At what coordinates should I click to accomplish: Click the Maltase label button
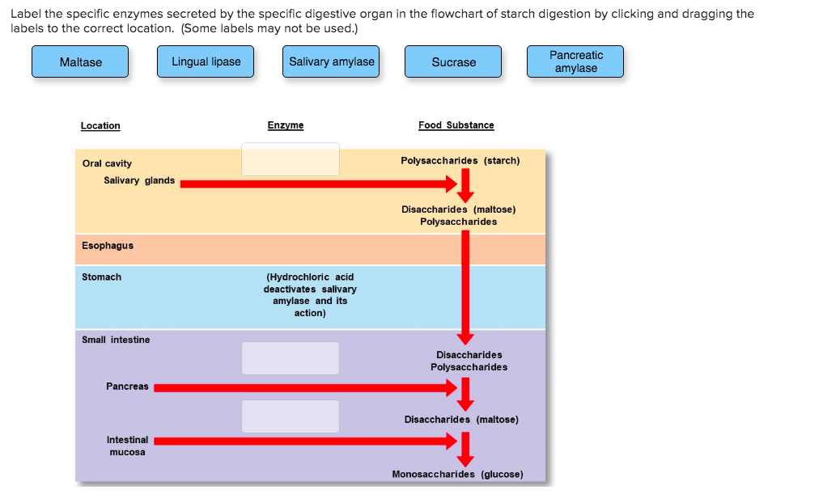coord(80,62)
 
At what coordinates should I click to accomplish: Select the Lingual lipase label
coord(206,62)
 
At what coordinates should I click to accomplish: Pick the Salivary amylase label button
coord(332,62)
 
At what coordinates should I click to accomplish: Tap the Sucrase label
coord(453,62)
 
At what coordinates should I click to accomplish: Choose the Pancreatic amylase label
coord(575,62)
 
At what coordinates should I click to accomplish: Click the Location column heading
coord(100,126)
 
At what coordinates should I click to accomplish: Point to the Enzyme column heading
coord(286,125)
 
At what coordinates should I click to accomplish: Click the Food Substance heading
coord(456,125)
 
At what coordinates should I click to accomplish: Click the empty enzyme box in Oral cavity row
coord(291,159)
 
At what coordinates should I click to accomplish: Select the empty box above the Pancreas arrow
coord(291,358)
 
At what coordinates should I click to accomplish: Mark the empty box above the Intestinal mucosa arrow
coord(291,416)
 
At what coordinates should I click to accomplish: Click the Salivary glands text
coord(139,180)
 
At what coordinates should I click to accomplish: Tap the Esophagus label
coord(108,246)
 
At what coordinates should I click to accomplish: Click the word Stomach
coord(102,277)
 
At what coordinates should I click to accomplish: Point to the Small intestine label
coord(116,340)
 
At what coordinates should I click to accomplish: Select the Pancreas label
coord(127,387)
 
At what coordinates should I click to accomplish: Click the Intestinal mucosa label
coord(128,446)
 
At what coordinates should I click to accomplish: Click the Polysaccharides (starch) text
coord(460,161)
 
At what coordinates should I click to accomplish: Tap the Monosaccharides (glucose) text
coord(457,474)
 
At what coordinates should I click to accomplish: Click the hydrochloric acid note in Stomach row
coord(310,294)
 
